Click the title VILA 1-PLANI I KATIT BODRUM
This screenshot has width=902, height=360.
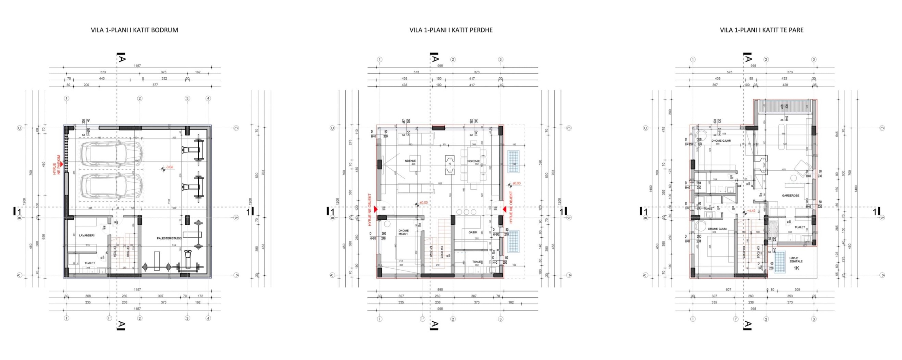[x=134, y=30]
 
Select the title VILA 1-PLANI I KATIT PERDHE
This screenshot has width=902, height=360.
[x=451, y=30]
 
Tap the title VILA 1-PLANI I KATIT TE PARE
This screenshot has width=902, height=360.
[x=762, y=30]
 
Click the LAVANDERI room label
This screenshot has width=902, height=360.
[x=87, y=235]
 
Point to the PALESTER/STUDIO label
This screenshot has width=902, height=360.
[x=169, y=238]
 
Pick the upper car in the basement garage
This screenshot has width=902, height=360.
[x=111, y=154]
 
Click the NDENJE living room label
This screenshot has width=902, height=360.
[x=410, y=161]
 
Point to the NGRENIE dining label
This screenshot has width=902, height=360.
[x=473, y=161]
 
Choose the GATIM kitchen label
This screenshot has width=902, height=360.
[x=473, y=232]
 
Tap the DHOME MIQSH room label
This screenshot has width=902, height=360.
[x=403, y=232]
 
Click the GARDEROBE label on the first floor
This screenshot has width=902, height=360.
[x=791, y=195]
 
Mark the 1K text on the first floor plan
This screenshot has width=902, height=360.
[x=796, y=268]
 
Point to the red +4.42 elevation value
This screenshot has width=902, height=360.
[x=751, y=211]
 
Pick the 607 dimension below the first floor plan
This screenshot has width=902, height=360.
[x=728, y=290]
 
